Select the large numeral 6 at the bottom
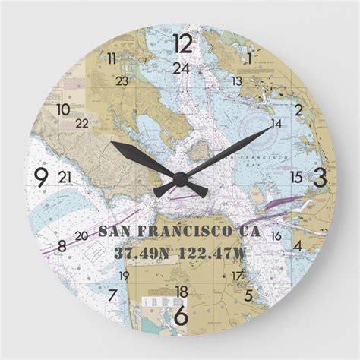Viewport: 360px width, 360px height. (x=181, y=313)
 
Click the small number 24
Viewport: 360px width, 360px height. (x=181, y=68)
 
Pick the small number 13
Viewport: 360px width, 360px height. (x=237, y=81)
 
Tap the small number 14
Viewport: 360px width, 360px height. (x=276, y=123)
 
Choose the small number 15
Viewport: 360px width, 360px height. (x=296, y=177)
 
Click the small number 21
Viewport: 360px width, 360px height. (x=65, y=177)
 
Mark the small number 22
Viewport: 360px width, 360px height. (x=82, y=123)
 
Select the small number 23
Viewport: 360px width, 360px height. (x=122, y=81)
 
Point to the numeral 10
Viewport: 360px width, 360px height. (x=63, y=109)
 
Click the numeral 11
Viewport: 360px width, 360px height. (x=112, y=58)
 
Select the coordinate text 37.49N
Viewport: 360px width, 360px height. (x=139, y=252)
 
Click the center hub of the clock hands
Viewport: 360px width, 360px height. (x=180, y=179)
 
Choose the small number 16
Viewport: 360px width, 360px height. (x=276, y=236)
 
